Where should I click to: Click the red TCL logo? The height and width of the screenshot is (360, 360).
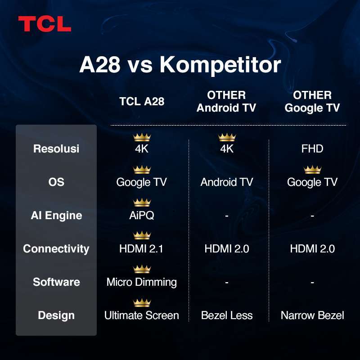[45, 24]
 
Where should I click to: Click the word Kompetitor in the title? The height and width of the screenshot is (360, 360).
[220, 65]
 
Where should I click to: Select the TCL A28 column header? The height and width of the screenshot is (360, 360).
[142, 102]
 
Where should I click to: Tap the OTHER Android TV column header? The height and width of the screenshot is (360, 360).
[226, 102]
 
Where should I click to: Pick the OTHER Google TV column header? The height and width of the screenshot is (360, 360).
[312, 102]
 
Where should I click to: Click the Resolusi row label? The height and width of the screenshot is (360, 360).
[56, 149]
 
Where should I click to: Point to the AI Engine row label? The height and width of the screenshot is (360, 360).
[56, 216]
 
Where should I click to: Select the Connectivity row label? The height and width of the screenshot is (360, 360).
[56, 249]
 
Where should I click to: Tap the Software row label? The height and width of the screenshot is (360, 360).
[56, 282]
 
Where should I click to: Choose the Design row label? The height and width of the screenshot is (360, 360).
[56, 315]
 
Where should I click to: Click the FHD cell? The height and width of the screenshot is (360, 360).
[312, 149]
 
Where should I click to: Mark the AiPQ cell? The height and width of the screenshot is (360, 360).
[142, 216]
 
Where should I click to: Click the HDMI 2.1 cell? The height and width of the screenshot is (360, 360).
[142, 249]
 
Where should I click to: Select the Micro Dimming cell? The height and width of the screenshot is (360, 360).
[142, 282]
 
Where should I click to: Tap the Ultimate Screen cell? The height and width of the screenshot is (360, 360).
[142, 315]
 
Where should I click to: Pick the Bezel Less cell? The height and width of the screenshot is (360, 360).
[227, 315]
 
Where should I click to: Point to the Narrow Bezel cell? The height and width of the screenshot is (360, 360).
[312, 315]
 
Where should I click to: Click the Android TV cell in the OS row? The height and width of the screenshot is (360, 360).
[227, 182]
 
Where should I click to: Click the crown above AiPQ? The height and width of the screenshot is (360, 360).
[142, 202]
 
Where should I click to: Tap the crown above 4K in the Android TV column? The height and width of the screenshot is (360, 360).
[227, 137]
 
